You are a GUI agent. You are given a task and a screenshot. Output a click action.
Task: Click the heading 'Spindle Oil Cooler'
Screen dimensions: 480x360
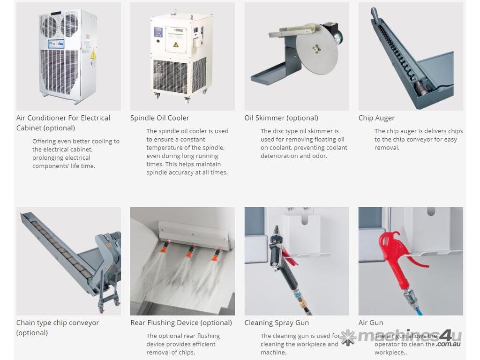tap(159, 118)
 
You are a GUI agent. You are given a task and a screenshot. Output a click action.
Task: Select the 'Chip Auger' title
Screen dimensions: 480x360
tap(376, 118)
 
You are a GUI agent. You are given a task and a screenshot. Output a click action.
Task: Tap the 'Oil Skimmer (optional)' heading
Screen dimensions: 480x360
tap(281, 118)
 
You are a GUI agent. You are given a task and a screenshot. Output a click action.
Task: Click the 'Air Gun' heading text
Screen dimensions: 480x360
tap(371, 322)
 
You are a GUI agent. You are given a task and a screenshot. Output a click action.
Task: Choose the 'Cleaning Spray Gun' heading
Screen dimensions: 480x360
tap(277, 322)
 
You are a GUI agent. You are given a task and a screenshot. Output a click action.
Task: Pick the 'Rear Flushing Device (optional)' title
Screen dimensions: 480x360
tap(181, 322)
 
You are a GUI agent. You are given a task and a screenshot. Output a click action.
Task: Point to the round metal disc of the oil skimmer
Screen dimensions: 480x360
tap(317, 49)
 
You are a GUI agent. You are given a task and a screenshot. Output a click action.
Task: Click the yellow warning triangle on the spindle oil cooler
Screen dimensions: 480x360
tap(176, 45)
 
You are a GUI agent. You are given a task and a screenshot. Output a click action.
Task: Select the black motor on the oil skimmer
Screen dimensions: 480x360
tap(335, 32)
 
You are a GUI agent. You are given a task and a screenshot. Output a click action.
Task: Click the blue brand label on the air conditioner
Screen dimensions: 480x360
tap(56, 44)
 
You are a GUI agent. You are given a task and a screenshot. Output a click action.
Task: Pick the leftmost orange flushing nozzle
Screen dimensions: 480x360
tap(166, 244)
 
